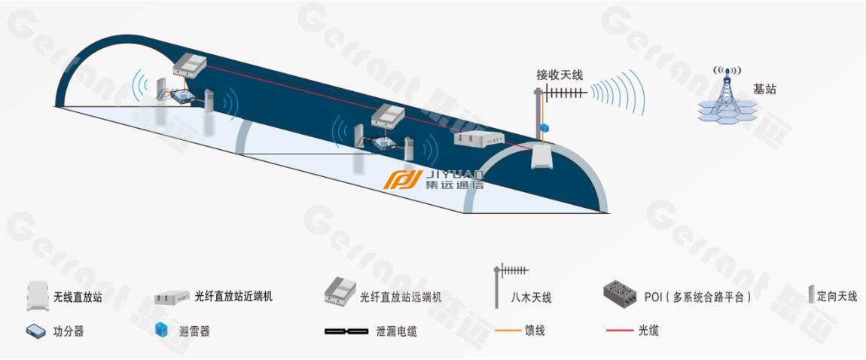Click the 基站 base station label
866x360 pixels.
(x=765, y=89)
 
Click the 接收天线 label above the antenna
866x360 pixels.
(x=560, y=75)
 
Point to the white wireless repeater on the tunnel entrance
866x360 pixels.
(x=541, y=157)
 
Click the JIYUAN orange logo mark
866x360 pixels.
(x=403, y=179)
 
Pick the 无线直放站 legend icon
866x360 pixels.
(x=38, y=296)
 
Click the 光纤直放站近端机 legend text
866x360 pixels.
(x=233, y=297)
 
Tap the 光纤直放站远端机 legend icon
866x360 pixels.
(x=340, y=291)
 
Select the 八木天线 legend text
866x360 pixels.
(x=532, y=298)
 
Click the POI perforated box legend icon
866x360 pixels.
(x=620, y=293)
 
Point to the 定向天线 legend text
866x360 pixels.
(x=837, y=297)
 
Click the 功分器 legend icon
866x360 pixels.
(x=36, y=331)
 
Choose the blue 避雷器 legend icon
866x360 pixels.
(x=161, y=330)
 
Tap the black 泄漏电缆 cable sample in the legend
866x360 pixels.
(x=346, y=332)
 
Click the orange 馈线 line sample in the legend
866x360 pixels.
(x=508, y=331)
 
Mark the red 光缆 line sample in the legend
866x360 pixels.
(x=620, y=331)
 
